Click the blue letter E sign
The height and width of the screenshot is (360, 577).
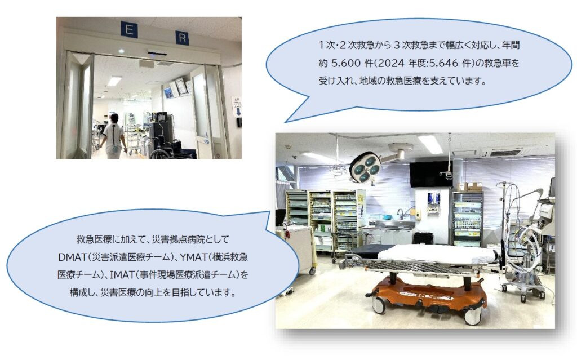coord(129,29)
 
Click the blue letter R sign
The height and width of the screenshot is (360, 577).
coord(182,37)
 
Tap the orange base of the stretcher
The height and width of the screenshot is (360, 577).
coord(429,292)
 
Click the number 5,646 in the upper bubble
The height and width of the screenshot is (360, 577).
coord(443,63)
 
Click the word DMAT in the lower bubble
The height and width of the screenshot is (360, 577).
coord(72,257)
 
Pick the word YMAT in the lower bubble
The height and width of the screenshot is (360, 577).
coord(194,257)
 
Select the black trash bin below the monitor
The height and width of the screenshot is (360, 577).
coord(423,238)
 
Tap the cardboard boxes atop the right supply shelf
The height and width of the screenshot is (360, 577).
coord(469,186)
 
